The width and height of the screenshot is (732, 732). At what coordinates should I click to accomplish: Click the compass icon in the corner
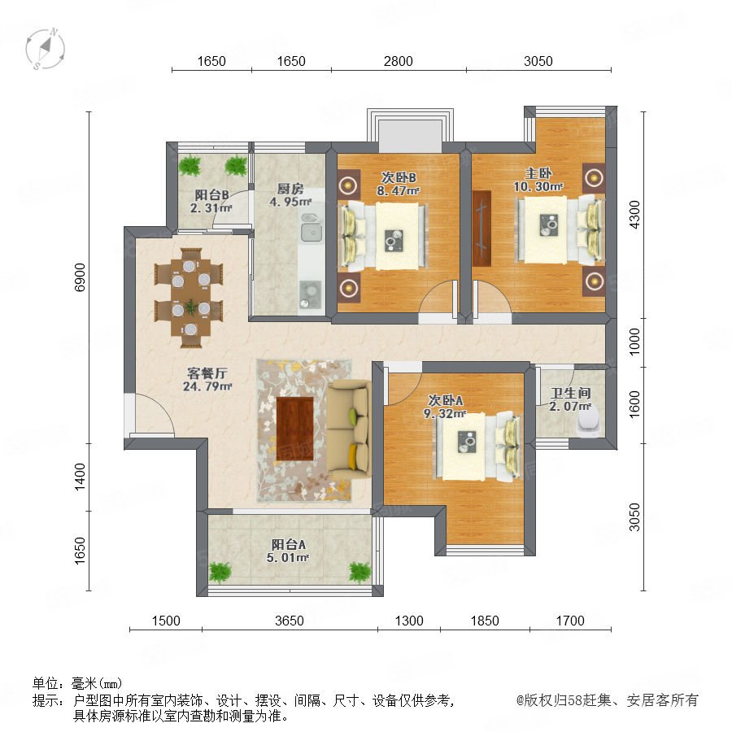pyautogui.click(x=46, y=49)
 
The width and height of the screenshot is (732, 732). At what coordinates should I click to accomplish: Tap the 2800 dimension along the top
pyautogui.click(x=399, y=61)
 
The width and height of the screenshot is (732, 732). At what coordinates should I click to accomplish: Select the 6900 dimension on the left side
pyautogui.click(x=81, y=277)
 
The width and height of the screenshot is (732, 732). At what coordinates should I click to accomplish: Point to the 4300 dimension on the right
pyautogui.click(x=634, y=214)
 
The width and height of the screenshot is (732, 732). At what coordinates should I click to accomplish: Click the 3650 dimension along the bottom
pyautogui.click(x=290, y=621)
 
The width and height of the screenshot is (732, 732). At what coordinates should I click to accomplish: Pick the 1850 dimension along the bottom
pyautogui.click(x=485, y=621)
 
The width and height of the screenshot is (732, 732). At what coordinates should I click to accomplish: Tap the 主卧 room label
pyautogui.click(x=538, y=174)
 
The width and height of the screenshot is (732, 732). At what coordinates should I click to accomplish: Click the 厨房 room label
pyautogui.click(x=290, y=189)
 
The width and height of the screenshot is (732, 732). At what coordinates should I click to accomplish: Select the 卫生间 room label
pyautogui.click(x=570, y=393)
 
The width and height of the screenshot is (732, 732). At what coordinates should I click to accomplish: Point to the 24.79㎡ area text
pyautogui.click(x=207, y=386)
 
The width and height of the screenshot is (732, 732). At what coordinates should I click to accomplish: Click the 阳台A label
pyautogui.click(x=288, y=544)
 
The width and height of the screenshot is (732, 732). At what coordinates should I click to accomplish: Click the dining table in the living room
pyautogui.click(x=189, y=298)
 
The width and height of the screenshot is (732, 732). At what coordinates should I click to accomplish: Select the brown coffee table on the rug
pyautogui.click(x=294, y=429)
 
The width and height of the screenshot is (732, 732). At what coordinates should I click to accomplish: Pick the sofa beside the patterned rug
pyautogui.click(x=349, y=429)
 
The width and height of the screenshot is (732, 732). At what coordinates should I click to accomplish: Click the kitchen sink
pyautogui.click(x=312, y=228)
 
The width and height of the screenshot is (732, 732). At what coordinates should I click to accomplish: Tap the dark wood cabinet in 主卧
pyautogui.click(x=481, y=229)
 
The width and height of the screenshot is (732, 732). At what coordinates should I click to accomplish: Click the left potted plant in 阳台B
pyautogui.click(x=190, y=165)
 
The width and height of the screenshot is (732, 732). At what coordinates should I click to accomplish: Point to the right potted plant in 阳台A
pyautogui.click(x=360, y=572)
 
